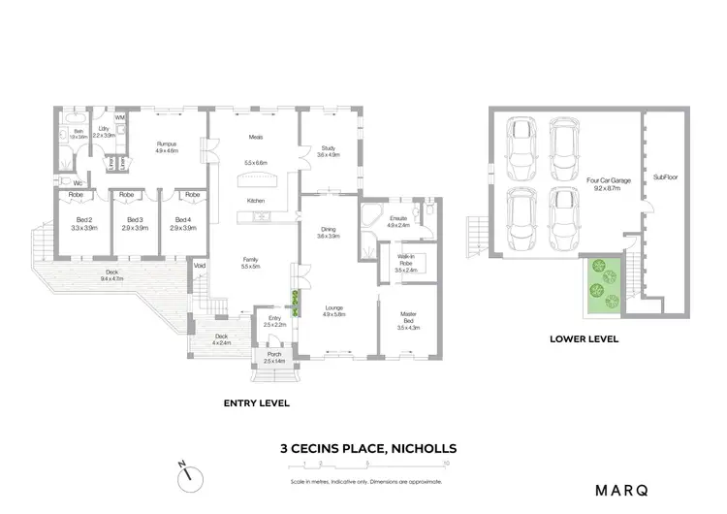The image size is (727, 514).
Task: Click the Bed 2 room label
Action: coord(82,219)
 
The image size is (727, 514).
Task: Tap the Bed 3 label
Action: coord(135,219)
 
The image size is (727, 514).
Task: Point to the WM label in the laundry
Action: coord(120,118)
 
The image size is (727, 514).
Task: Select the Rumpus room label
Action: coord(168,145)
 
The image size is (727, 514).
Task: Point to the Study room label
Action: coord(328,148)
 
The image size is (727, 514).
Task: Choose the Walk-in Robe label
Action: coord(407,259)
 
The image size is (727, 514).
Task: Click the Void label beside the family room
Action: coord(200,266)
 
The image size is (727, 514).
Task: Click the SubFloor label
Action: coord(664,177)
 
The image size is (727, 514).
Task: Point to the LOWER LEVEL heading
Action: coord(584,340)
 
